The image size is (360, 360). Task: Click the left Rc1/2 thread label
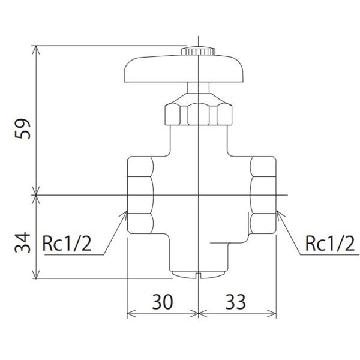[x=67, y=243]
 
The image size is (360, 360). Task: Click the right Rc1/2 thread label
[x=329, y=243]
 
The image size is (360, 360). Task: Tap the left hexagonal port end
[x=140, y=194]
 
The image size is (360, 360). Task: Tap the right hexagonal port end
[x=263, y=194]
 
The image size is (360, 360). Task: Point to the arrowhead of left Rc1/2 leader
[x=125, y=212]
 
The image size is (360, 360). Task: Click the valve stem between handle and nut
[x=198, y=87]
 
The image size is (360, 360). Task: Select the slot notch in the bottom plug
[x=198, y=277]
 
